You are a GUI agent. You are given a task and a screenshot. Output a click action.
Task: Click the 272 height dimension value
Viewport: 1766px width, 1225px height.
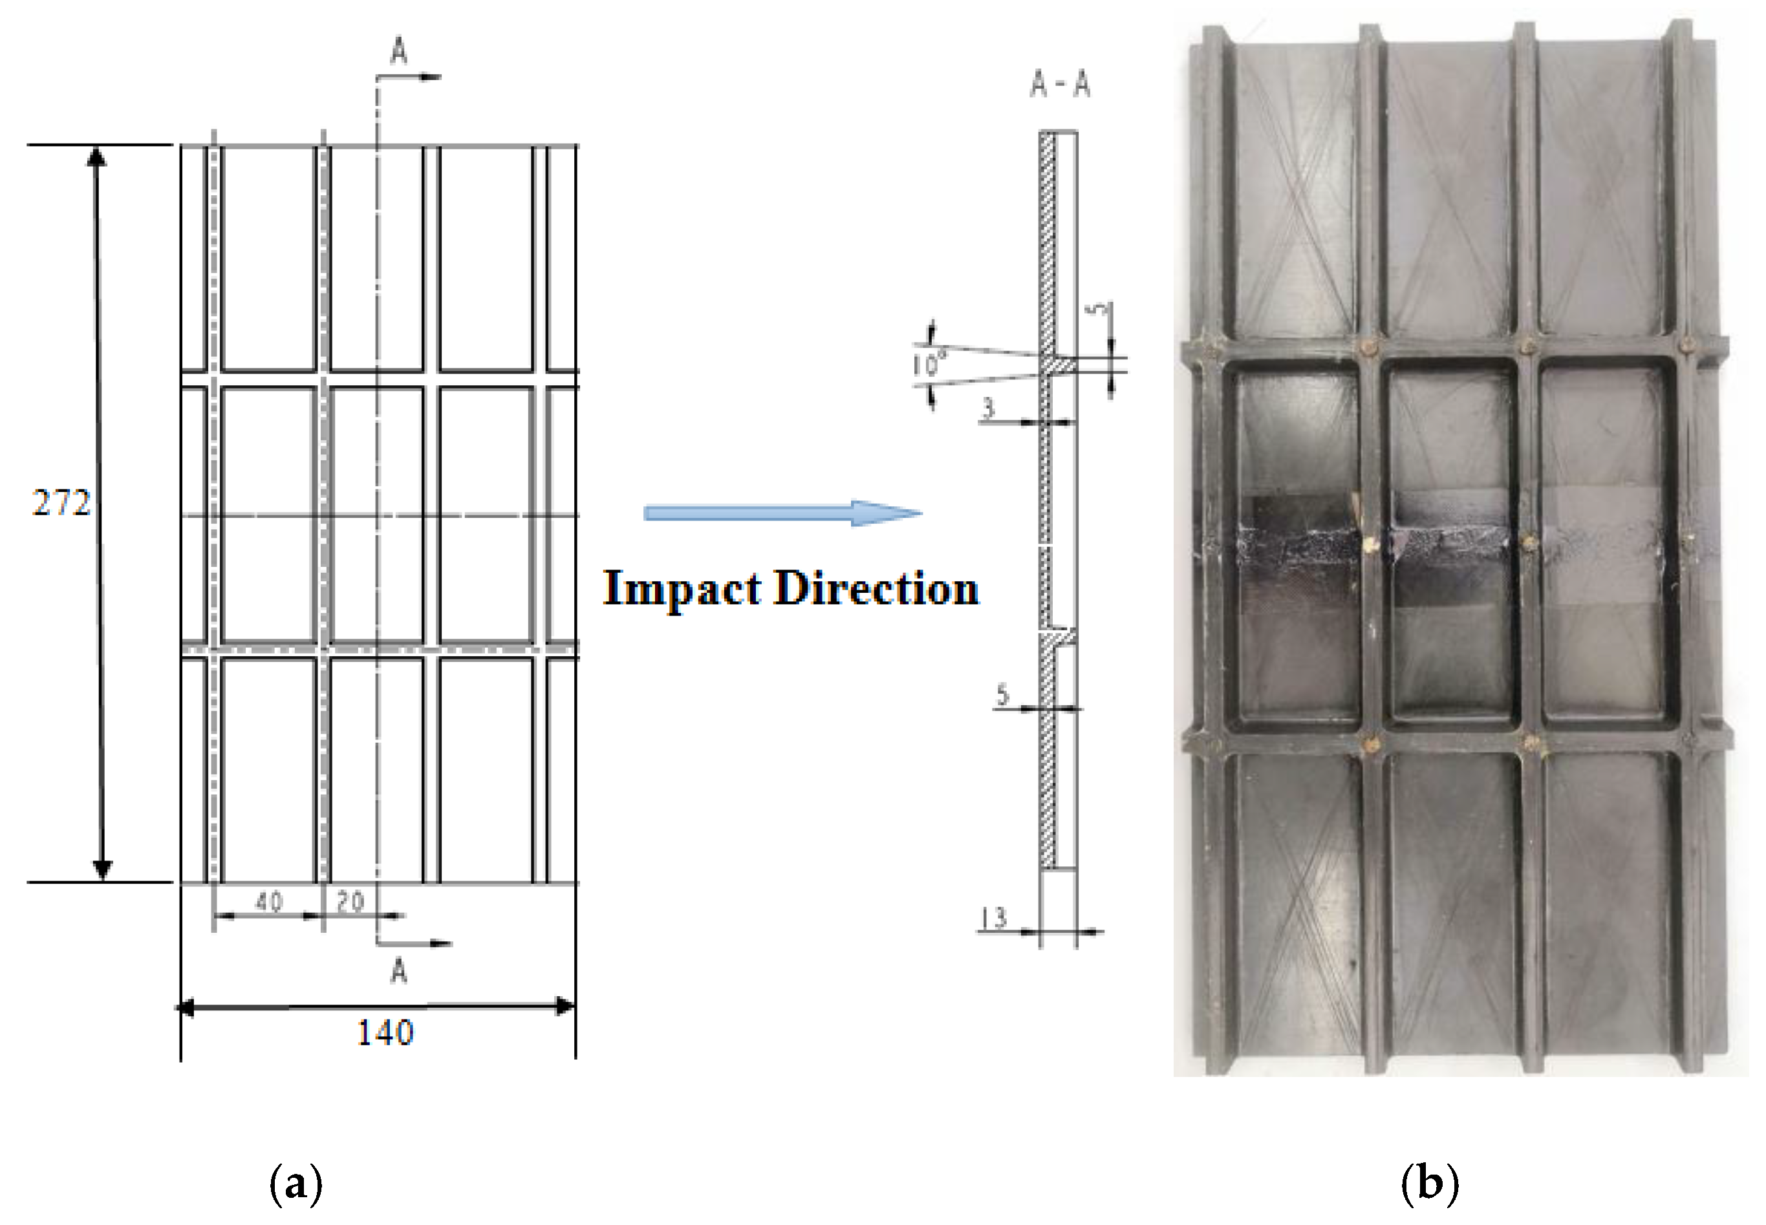61,504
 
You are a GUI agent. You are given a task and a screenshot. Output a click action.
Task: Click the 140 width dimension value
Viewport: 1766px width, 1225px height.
385,1032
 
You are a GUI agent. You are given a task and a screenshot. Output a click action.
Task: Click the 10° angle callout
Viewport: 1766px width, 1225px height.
927,363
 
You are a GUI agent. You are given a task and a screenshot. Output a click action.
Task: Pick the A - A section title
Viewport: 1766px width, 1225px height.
1060,85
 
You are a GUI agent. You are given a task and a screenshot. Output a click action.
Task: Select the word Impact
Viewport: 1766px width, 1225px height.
683,590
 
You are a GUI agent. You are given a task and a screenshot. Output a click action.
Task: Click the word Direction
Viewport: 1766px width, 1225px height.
876,590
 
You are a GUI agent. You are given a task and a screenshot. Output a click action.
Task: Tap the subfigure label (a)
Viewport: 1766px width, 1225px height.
296,1184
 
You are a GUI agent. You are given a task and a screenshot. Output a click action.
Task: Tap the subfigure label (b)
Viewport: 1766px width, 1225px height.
1429,1184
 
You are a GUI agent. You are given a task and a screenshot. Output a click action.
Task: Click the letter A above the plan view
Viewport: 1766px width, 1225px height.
398,52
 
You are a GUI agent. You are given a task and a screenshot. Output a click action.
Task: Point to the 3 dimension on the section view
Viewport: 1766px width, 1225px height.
988,409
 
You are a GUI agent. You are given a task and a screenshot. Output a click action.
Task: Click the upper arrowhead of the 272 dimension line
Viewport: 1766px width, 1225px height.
96,157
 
